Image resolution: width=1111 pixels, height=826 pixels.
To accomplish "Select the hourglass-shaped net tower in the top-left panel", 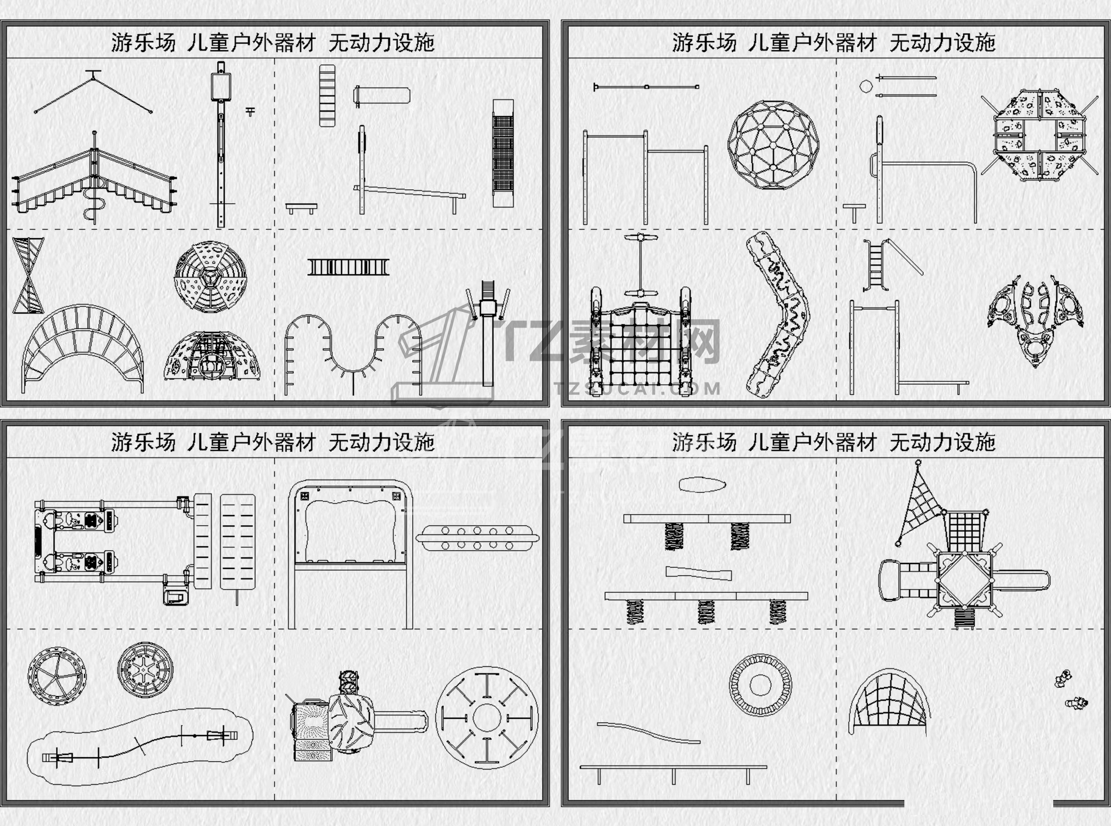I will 28,275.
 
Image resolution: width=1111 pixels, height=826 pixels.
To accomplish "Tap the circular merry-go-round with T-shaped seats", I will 487,717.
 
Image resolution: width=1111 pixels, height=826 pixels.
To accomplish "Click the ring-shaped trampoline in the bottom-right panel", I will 760,685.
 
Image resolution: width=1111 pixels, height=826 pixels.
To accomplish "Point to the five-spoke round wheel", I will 57,676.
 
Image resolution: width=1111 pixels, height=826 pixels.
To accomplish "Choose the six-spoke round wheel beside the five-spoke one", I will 145,669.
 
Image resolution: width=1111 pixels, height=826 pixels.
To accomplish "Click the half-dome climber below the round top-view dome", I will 212,356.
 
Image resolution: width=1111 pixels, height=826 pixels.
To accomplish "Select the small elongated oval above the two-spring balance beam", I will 702,485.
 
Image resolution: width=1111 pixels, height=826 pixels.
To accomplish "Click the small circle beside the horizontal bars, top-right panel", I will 865,86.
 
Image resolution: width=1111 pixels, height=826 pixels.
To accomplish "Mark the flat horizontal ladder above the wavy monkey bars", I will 348,268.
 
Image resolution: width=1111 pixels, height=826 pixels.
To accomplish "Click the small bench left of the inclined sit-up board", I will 302,208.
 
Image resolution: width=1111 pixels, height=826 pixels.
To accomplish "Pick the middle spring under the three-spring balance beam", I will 705,612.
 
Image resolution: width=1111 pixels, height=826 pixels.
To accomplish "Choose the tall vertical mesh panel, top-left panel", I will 503,153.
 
